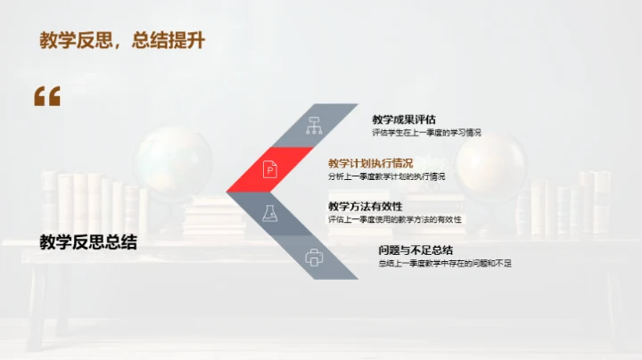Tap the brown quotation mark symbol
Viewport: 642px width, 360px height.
(47, 96)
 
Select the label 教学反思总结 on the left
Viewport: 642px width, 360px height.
(88, 242)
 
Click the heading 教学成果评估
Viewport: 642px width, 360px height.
(404, 119)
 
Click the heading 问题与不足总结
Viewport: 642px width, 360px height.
(416, 250)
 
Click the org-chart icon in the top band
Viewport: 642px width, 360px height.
(314, 125)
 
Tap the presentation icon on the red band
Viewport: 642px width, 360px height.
(269, 168)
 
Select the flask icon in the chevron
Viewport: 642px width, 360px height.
(269, 213)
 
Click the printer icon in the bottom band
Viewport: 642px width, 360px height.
(314, 257)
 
